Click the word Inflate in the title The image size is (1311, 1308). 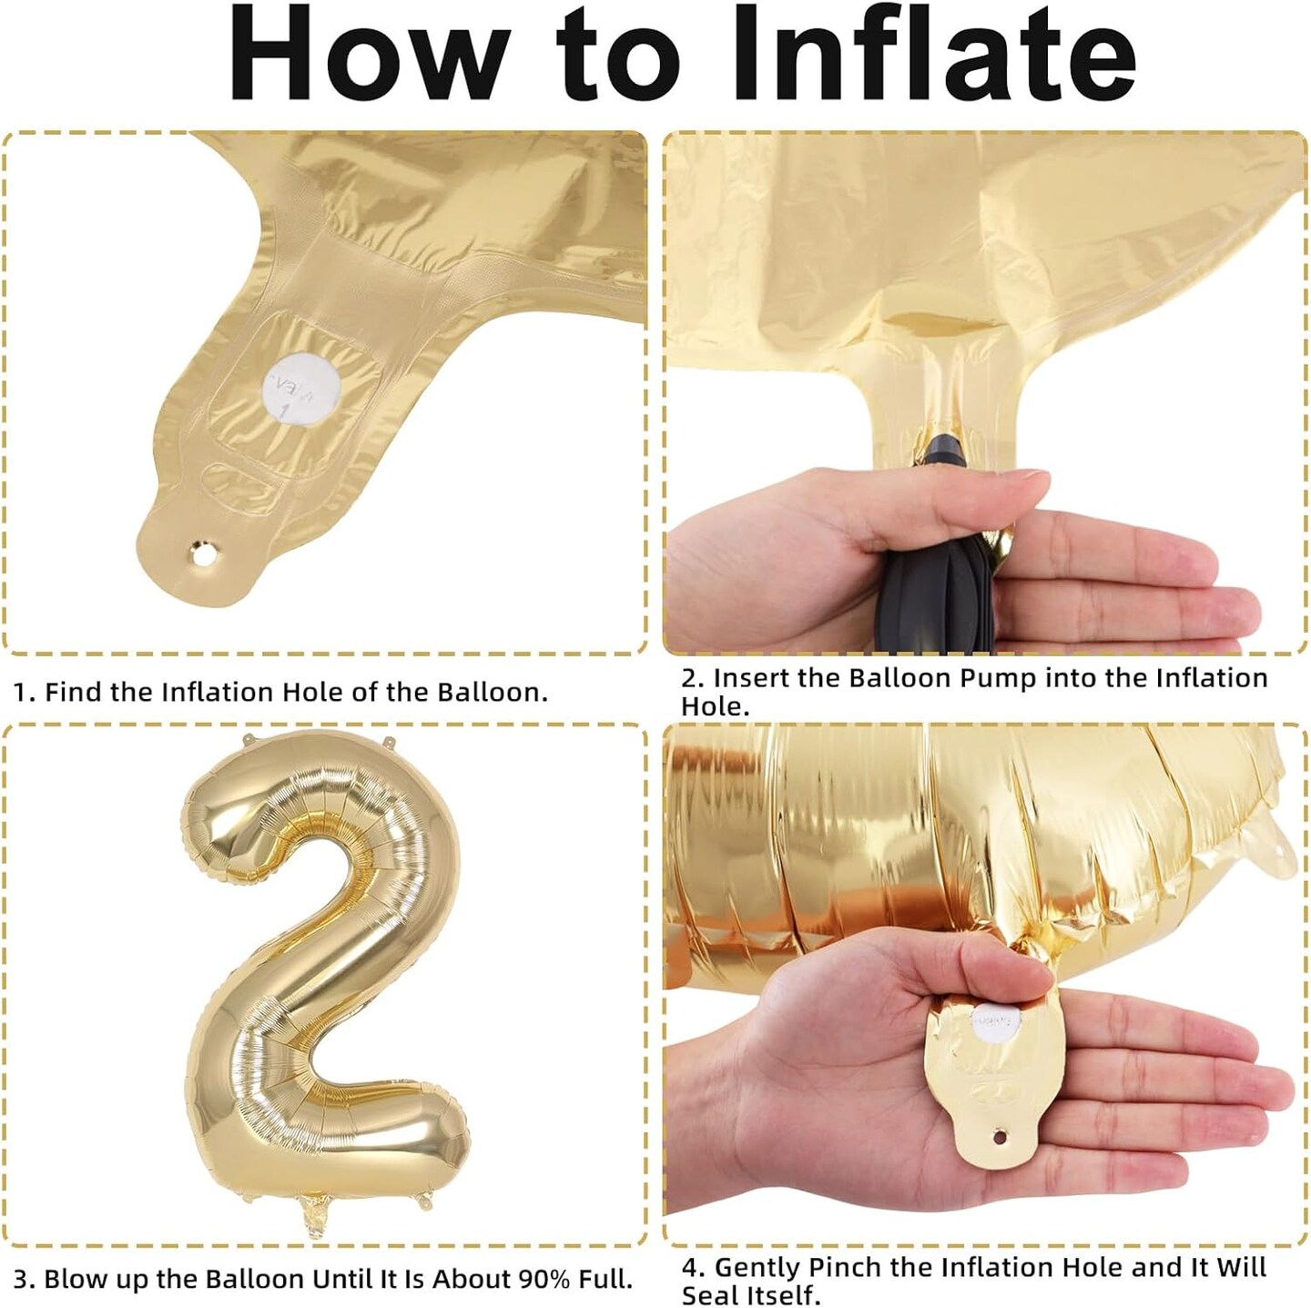click(933, 54)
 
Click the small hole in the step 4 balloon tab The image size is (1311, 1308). click(999, 1137)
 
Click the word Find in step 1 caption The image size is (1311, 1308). click(74, 692)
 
